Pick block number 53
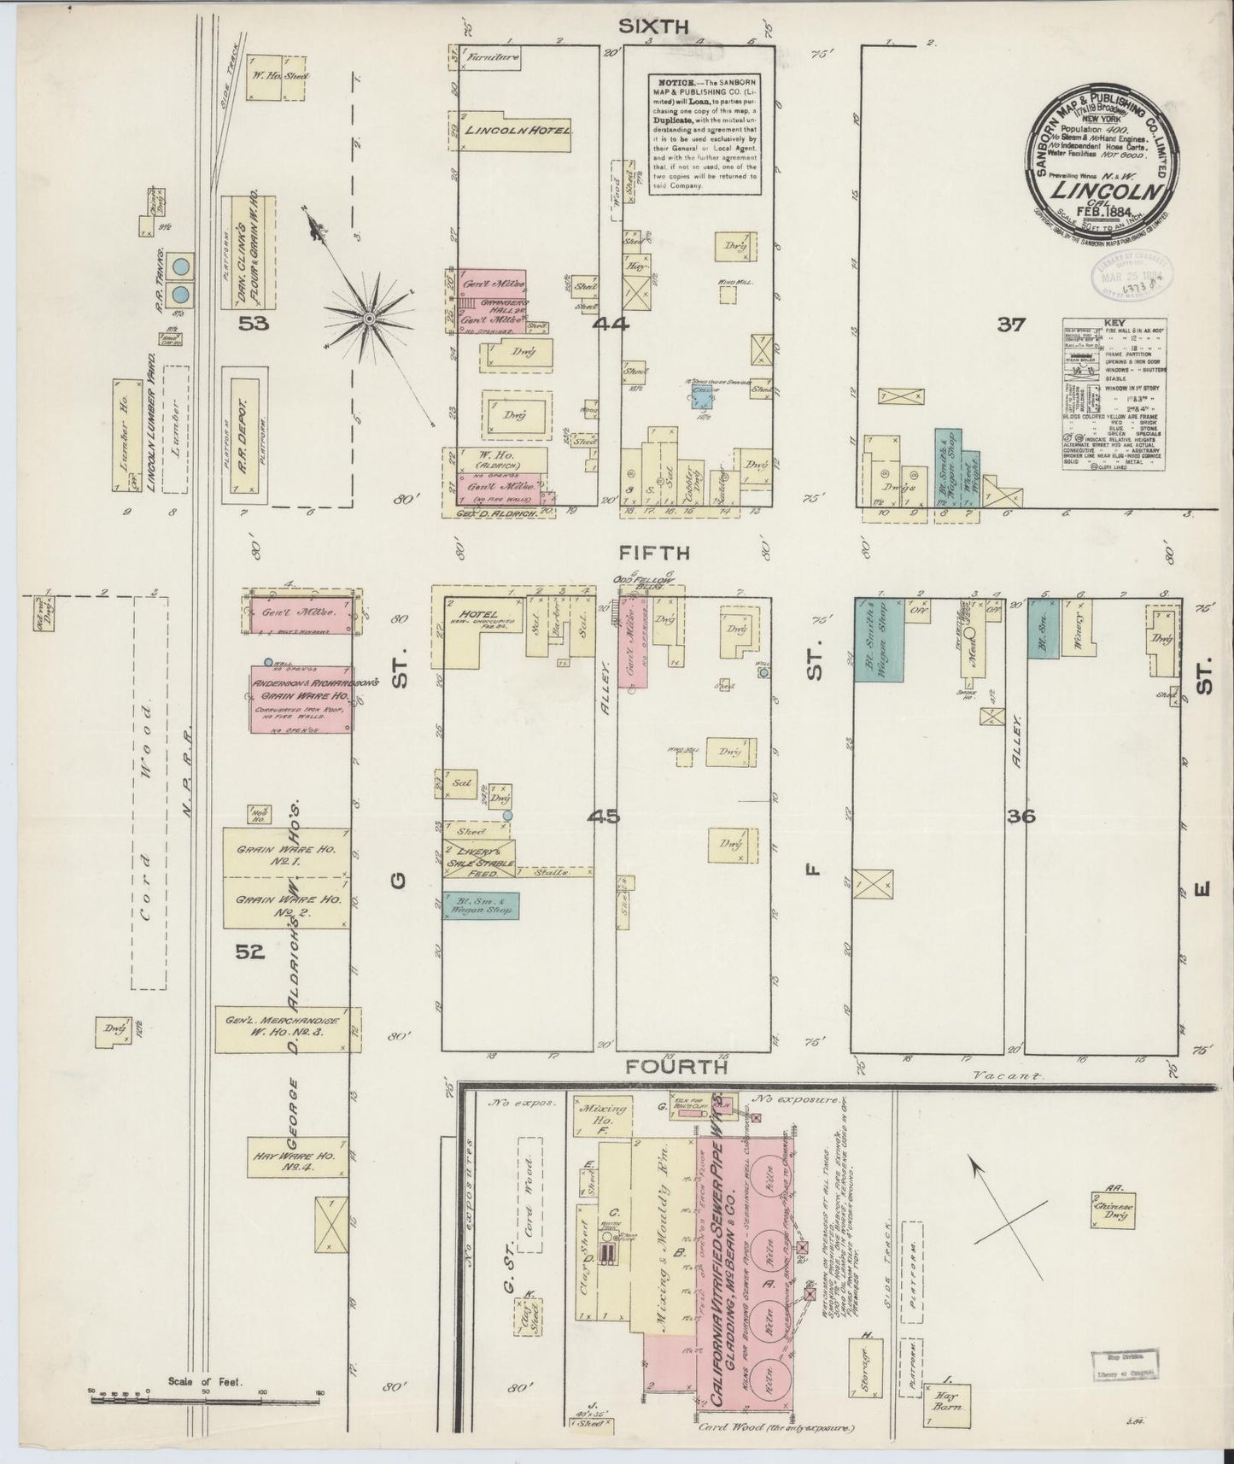254,324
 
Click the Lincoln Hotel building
517,131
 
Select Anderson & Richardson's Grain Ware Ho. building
300,698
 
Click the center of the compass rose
370,319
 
